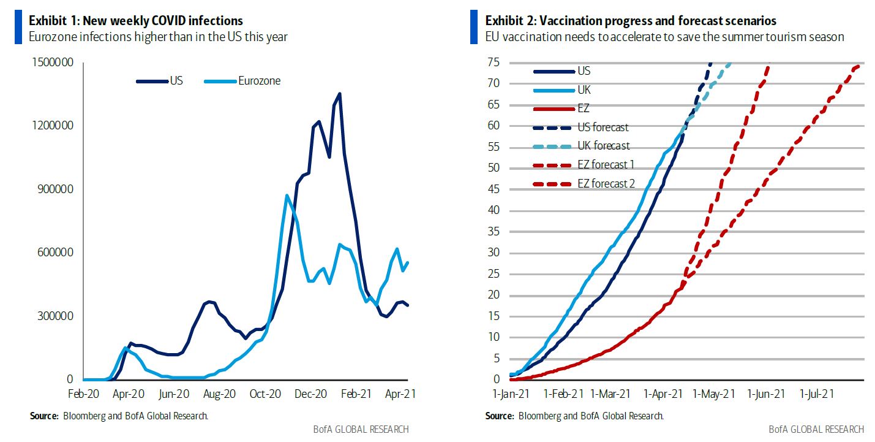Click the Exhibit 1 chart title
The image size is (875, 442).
tap(136, 21)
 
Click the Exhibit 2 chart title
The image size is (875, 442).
tap(630, 21)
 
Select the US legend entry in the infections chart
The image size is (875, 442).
tap(177, 80)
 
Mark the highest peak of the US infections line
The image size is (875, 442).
tap(340, 94)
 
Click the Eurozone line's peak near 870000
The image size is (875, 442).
tap(287, 196)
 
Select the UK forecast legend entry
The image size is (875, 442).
tap(603, 146)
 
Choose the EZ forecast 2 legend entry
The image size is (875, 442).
tap(606, 183)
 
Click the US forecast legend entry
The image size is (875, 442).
tap(603, 128)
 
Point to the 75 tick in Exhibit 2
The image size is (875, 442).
tap(494, 63)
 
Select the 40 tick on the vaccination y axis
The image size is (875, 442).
tap(494, 210)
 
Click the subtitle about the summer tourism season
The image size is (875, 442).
tap(664, 37)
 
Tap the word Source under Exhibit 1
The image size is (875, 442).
tap(43, 416)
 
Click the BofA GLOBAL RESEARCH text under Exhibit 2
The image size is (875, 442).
tap(816, 429)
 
